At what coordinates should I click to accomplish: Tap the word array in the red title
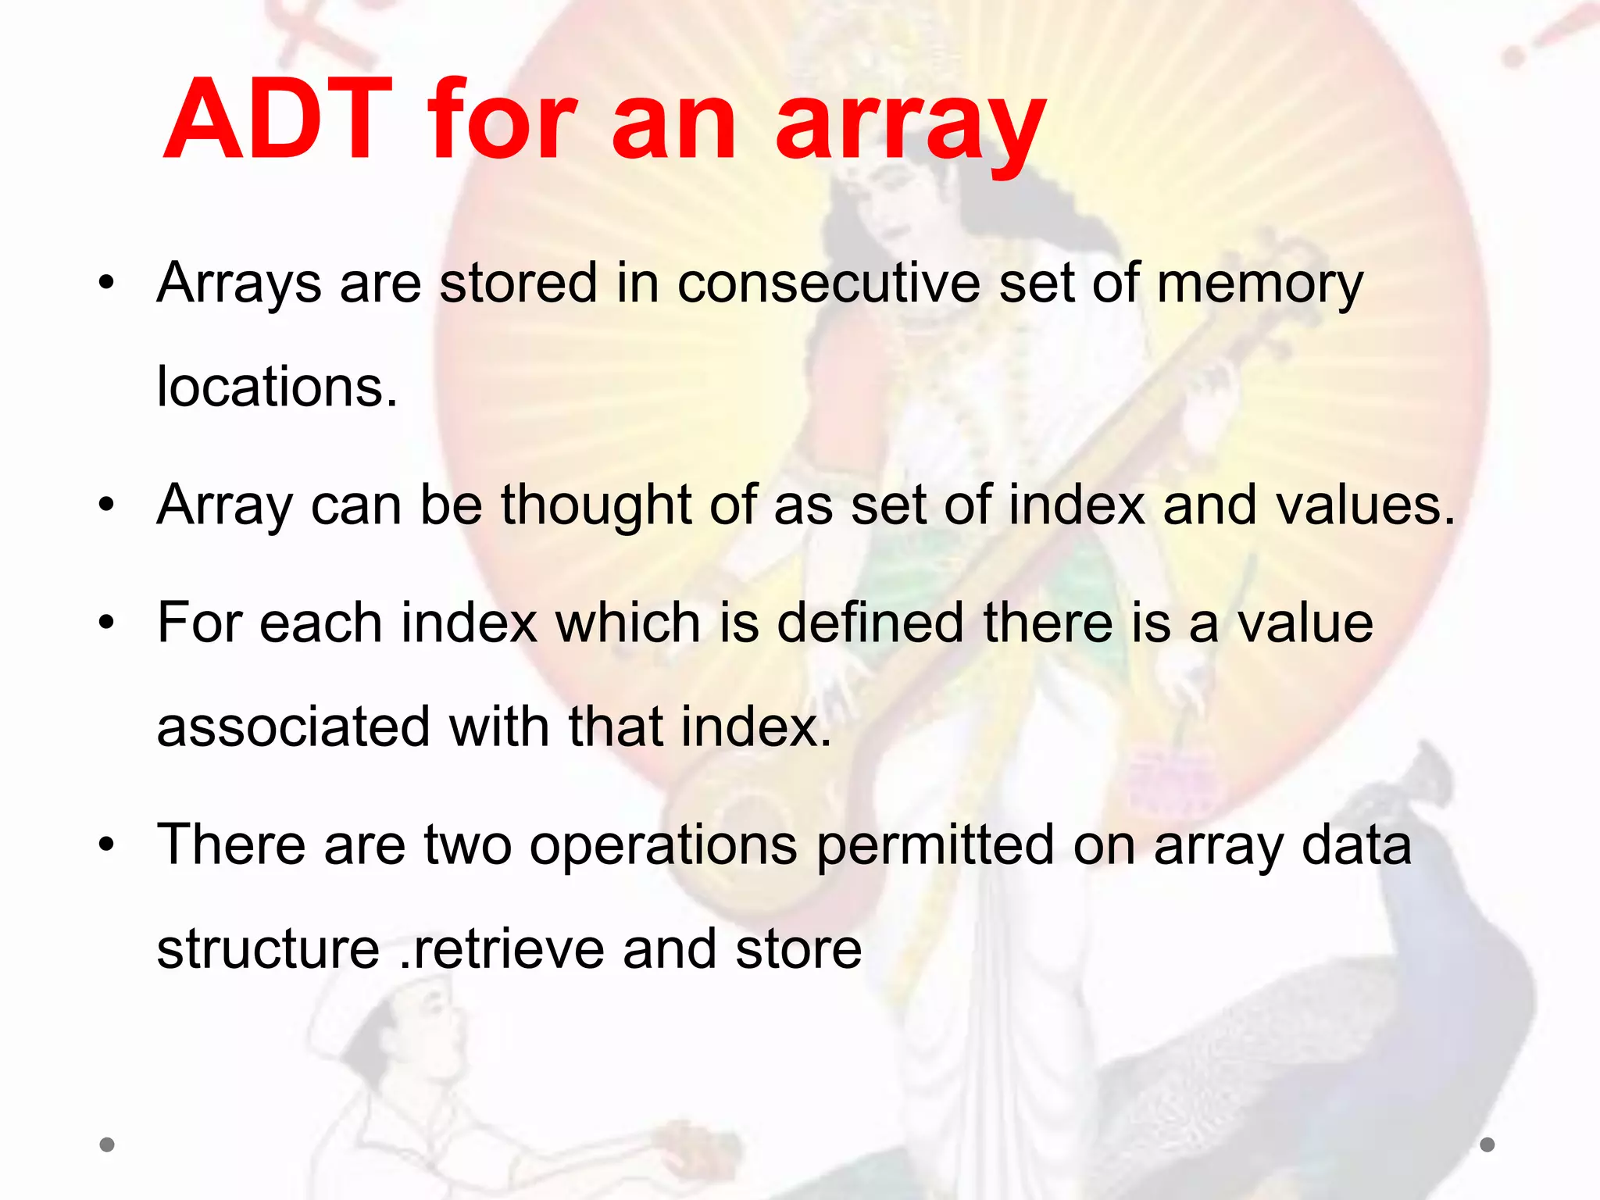[x=910, y=125]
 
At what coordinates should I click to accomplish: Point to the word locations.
[x=277, y=387]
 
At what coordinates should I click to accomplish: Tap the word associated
[x=294, y=727]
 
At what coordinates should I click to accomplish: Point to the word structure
[x=268, y=949]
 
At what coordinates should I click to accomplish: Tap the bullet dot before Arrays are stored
[x=107, y=284]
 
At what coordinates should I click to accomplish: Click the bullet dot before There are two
[x=107, y=845]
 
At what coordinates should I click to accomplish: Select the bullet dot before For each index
[x=107, y=623]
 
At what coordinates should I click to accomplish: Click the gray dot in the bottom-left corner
[x=107, y=1145]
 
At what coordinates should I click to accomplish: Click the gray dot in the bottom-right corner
[x=1487, y=1145]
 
